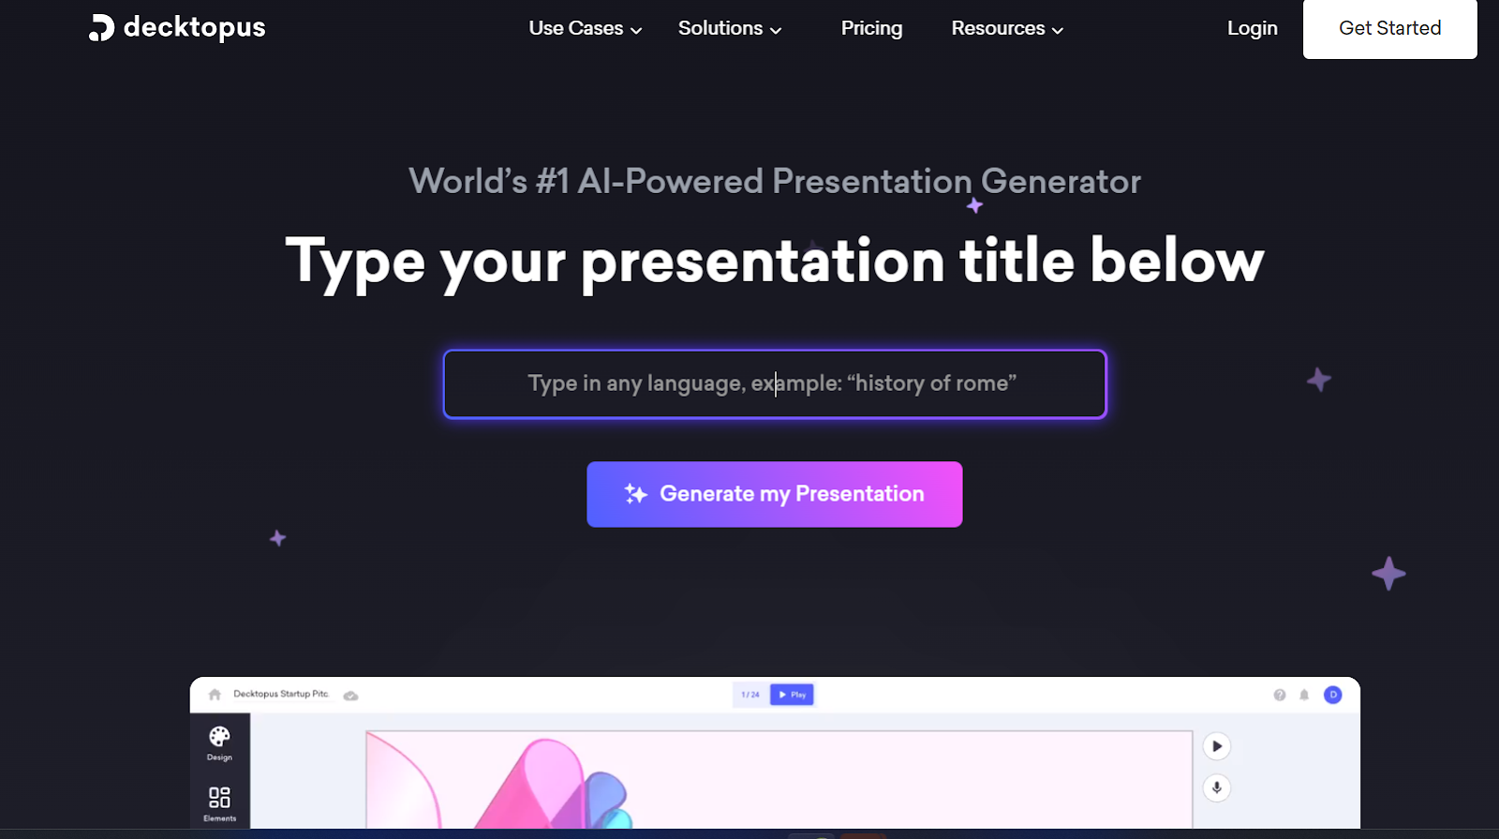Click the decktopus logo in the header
(177, 27)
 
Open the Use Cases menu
(585, 28)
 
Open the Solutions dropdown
(730, 28)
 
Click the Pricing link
(871, 28)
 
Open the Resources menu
(1007, 28)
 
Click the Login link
(1252, 28)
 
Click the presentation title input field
(774, 384)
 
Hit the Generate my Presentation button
(774, 494)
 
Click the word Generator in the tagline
(1061, 182)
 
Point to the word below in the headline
(1177, 262)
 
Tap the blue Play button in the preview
(792, 695)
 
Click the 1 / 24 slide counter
(750, 695)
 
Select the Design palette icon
(219, 737)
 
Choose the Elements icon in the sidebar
(219, 797)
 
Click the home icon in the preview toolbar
(215, 695)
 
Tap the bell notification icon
(1304, 695)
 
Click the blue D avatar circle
(1333, 695)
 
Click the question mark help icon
(1280, 695)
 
